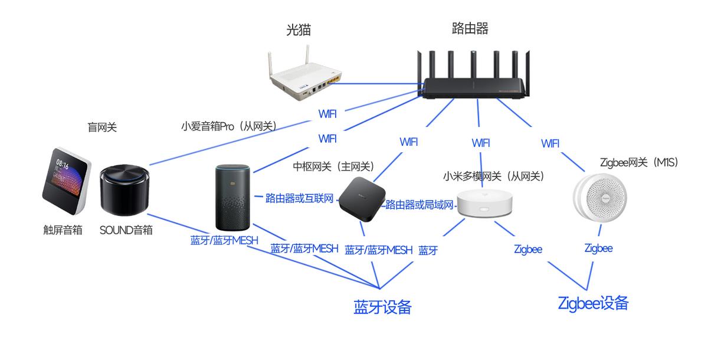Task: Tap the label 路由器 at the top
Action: pyautogui.click(x=470, y=28)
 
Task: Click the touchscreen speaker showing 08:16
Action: pyautogui.click(x=66, y=183)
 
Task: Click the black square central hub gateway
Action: pyautogui.click(x=362, y=199)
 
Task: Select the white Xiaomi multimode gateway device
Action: pyautogui.click(x=486, y=204)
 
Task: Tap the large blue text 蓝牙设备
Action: pyautogui.click(x=382, y=307)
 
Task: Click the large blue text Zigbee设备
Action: pyautogui.click(x=593, y=303)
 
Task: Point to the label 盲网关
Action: pyautogui.click(x=102, y=127)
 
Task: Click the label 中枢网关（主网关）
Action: pyautogui.click(x=334, y=167)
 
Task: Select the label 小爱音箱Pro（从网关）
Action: pyautogui.click(x=229, y=126)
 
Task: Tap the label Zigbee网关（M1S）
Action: pyautogui.click(x=638, y=162)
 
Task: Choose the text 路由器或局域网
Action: pyautogui.click(x=419, y=205)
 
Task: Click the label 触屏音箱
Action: pyautogui.click(x=63, y=230)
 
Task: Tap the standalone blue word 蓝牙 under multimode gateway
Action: pyautogui.click(x=428, y=250)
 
